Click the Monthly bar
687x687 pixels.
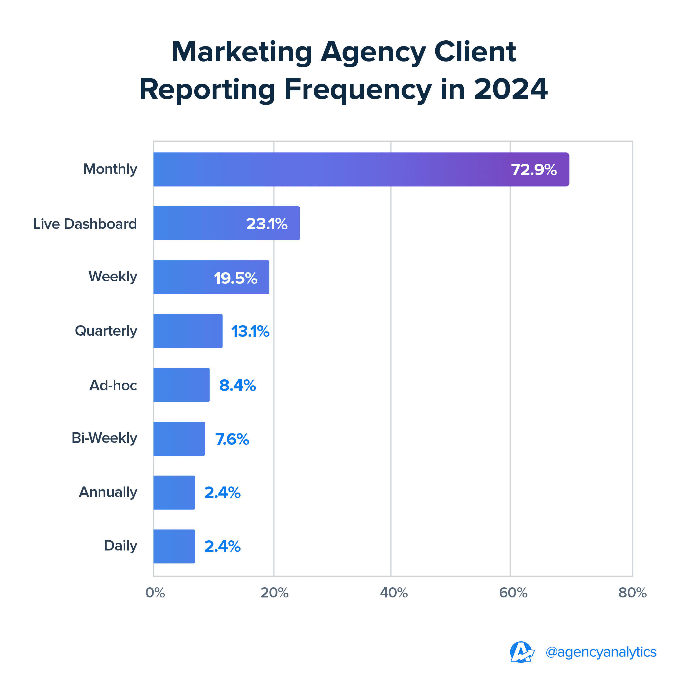tap(361, 169)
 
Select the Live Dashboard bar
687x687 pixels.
tap(227, 223)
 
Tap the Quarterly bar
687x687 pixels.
tap(188, 331)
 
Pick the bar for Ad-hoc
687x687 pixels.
tap(181, 385)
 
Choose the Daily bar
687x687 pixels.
tap(174, 547)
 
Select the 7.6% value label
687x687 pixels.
tap(232, 439)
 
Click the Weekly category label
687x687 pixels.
tap(113, 277)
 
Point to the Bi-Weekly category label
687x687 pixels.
tap(104, 438)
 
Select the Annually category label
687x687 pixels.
tap(108, 492)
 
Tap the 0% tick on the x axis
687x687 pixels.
tap(155, 593)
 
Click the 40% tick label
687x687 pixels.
tap(394, 593)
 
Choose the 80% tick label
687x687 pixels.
tap(632, 593)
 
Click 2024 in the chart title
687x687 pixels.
tap(511, 89)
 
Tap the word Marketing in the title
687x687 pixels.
tap(241, 52)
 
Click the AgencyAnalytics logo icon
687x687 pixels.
tap(521, 652)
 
